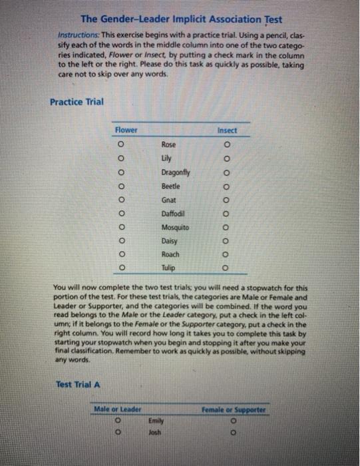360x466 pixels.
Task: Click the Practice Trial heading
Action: pos(77,101)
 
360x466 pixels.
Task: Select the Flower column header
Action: pos(126,130)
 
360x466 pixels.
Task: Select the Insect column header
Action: pos(227,130)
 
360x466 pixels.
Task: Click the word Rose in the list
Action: pos(169,144)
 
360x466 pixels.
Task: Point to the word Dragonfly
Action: pos(175,172)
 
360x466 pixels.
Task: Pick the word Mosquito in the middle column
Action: pos(175,227)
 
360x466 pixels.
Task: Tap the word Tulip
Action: pos(169,268)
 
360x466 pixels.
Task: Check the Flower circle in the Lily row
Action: pos(120,159)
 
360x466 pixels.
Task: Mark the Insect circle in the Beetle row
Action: pos(227,186)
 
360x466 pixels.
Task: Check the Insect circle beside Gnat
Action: pos(227,200)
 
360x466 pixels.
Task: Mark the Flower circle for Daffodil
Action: pos(120,214)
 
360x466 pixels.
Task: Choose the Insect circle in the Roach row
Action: pos(227,254)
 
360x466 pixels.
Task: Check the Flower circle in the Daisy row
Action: pos(120,240)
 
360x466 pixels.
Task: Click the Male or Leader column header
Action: pos(118,409)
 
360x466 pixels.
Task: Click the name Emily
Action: pos(156,421)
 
